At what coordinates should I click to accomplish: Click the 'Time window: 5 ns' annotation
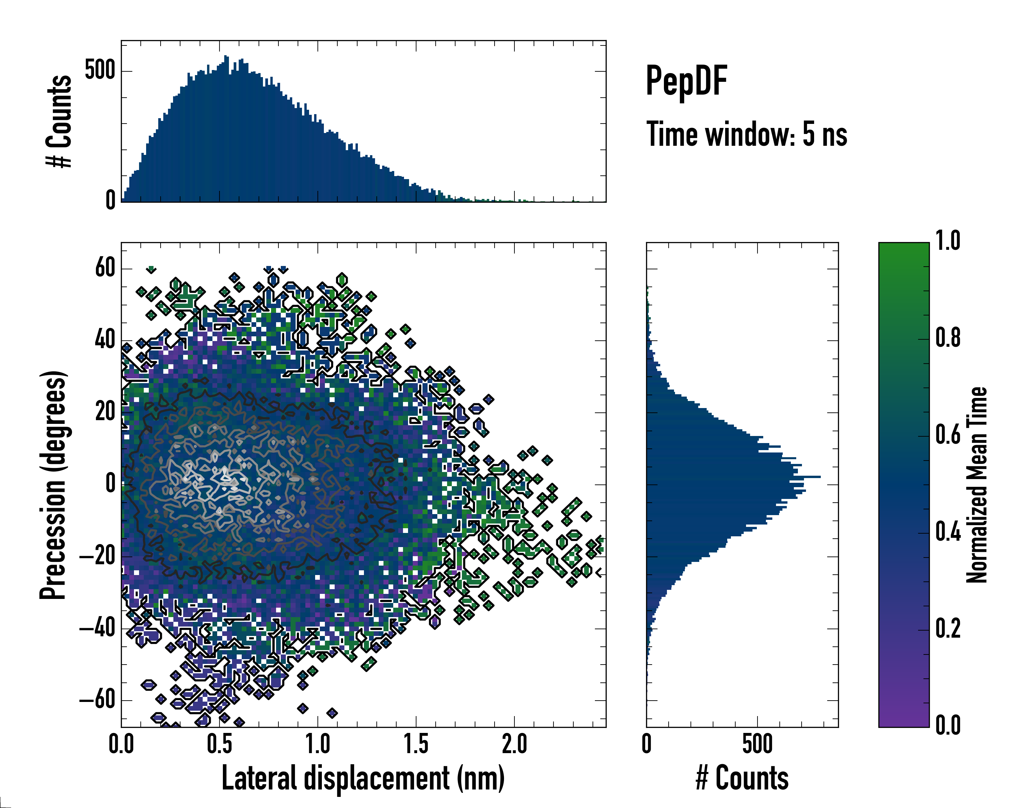[746, 134]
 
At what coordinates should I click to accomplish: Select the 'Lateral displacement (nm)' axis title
[363, 778]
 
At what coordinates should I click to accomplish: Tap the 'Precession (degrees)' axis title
[53, 485]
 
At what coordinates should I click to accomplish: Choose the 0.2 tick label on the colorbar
[948, 629]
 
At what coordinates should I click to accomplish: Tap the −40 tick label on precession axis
[97, 628]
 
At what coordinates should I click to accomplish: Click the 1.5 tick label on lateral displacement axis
[416, 744]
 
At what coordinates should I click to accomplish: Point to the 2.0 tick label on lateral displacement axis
[514, 744]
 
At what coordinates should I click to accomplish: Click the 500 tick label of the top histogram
[100, 71]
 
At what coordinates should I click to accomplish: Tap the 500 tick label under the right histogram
[757, 744]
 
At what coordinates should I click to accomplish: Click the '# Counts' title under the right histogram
[742, 778]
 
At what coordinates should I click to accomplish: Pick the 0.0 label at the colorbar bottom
[948, 726]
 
